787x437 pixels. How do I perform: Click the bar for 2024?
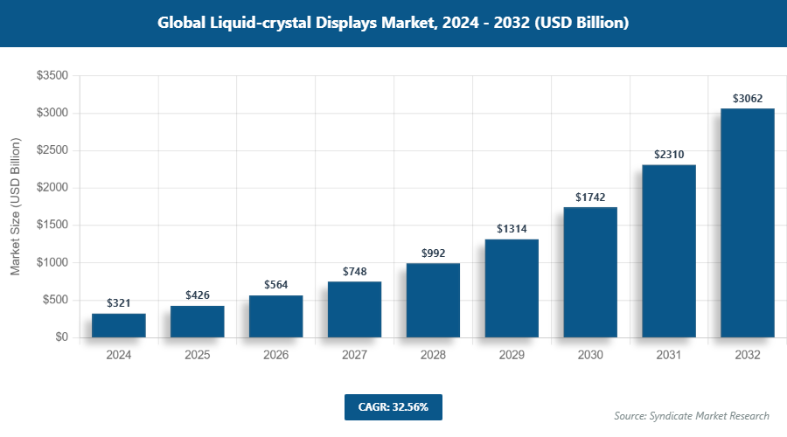(119, 325)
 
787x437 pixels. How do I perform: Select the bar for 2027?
(355, 309)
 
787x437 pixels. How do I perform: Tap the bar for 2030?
(590, 272)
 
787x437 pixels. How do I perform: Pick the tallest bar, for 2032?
(748, 223)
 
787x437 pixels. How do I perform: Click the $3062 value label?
(748, 98)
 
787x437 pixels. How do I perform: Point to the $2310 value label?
(669, 154)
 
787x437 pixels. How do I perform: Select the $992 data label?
(433, 253)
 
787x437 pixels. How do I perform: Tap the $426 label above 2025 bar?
(198, 295)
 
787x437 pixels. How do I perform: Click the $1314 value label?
(512, 229)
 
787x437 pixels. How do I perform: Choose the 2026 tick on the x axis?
(276, 356)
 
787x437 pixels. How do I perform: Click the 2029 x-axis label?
(512, 356)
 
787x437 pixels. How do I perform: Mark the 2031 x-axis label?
(669, 356)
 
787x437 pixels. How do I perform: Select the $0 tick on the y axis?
(61, 337)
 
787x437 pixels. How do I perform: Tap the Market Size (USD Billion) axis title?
(15, 206)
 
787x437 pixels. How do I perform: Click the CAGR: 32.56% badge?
(393, 406)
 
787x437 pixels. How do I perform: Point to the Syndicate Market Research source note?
(692, 415)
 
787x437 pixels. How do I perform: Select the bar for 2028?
(433, 300)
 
